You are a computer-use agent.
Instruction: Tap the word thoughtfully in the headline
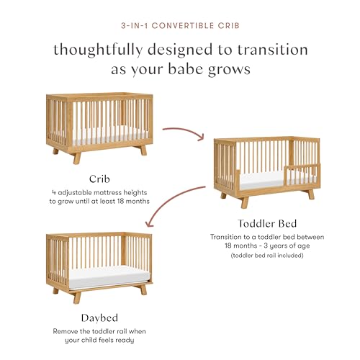tap(98, 50)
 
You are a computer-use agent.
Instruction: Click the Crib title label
tap(99, 179)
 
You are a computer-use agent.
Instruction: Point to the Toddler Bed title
tap(267, 223)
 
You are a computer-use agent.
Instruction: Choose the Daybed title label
tap(99, 318)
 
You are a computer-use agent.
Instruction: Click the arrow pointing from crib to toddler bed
tap(184, 132)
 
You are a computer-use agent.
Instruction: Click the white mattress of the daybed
tap(109, 277)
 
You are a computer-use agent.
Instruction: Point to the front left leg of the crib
tap(77, 158)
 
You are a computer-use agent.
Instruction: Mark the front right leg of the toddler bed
tap(311, 194)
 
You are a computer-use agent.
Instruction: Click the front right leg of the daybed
tap(143, 289)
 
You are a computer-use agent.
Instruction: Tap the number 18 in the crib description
tap(120, 201)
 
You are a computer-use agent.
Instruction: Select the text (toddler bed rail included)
tap(267, 255)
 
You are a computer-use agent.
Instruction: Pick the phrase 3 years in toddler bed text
tap(276, 246)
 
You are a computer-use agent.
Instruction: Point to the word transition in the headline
tap(273, 50)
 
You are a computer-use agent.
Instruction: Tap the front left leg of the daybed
tap(77, 297)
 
